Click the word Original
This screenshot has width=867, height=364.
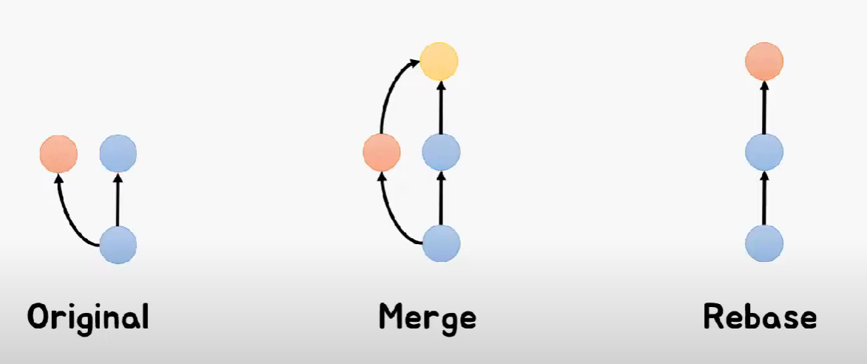[88, 317]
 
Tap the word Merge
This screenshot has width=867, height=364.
[427, 317]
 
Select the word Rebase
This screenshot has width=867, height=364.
[760, 317]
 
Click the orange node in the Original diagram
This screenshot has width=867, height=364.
[58, 154]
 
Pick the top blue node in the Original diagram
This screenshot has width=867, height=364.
[118, 154]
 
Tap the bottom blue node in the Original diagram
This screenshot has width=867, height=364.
[118, 245]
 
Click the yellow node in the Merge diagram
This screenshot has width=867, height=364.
[439, 62]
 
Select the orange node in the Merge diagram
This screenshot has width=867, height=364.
[382, 153]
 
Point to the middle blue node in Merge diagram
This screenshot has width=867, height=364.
[441, 153]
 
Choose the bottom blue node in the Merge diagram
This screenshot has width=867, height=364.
[441, 243]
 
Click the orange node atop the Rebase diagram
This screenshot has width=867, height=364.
[764, 62]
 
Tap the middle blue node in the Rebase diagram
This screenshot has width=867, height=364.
[764, 153]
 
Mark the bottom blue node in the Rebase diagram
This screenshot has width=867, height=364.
[764, 243]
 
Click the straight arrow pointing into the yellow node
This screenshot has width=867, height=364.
[441, 108]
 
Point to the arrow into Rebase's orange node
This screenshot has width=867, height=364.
[764, 108]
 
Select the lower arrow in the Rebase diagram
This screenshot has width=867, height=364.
[764, 198]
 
